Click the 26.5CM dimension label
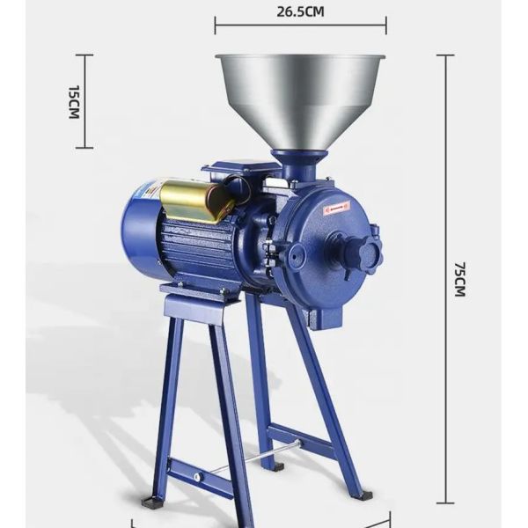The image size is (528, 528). [299, 11]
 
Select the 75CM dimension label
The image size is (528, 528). [458, 278]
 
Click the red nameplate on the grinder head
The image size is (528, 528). [335, 208]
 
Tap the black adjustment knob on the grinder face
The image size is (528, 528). [360, 253]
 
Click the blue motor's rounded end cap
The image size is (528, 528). [140, 231]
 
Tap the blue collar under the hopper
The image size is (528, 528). [298, 158]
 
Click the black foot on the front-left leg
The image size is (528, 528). [152, 502]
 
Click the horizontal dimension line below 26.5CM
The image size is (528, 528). [300, 26]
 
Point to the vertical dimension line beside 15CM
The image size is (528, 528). [84, 102]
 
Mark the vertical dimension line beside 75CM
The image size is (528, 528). [445, 278]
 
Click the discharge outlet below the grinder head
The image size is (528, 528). [326, 313]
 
